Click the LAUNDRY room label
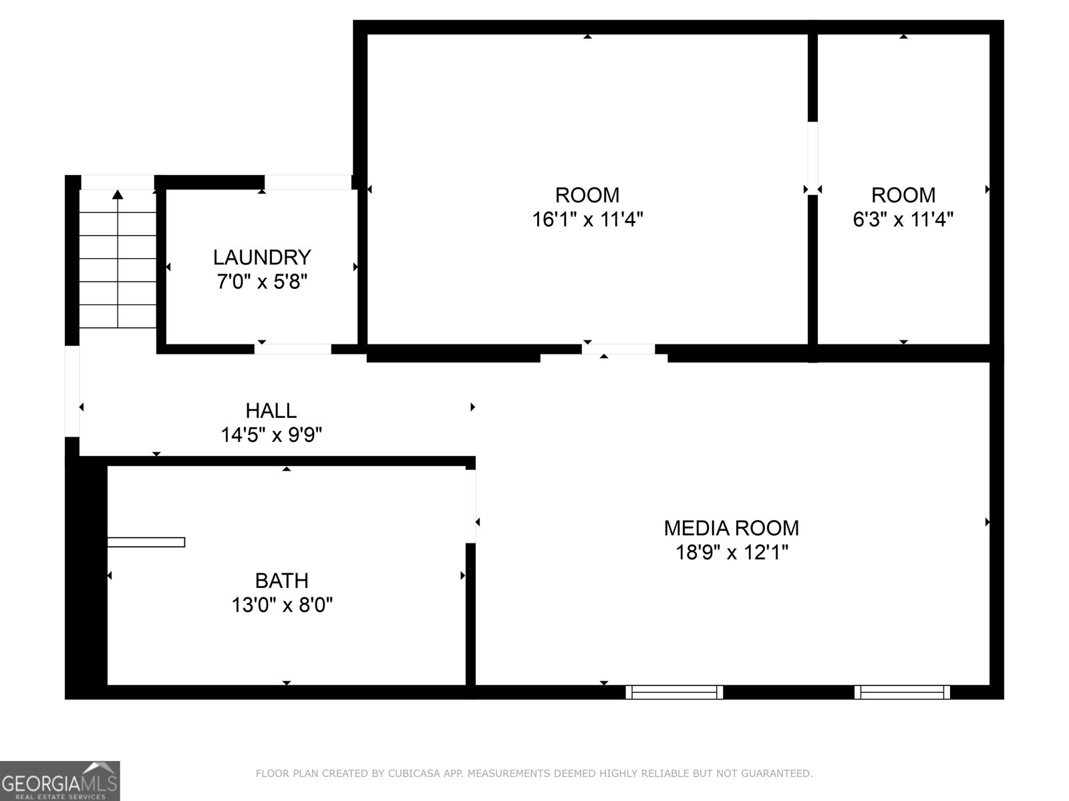pyautogui.click(x=262, y=257)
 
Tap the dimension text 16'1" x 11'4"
pyautogui.click(x=587, y=219)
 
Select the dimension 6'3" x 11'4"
pyautogui.click(x=903, y=219)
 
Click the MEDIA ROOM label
pyautogui.click(x=731, y=528)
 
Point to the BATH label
pyautogui.click(x=281, y=581)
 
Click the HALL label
pyautogui.click(x=271, y=411)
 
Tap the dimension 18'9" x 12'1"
pyautogui.click(x=732, y=553)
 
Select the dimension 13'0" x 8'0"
pyautogui.click(x=282, y=605)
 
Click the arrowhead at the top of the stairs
pyautogui.click(x=118, y=194)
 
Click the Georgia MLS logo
pyautogui.click(x=59, y=781)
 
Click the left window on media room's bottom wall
pyautogui.click(x=674, y=692)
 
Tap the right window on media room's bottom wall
pyautogui.click(x=902, y=692)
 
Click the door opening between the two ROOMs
pyautogui.click(x=812, y=158)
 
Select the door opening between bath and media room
pyautogui.click(x=470, y=506)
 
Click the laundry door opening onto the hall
pyautogui.click(x=293, y=348)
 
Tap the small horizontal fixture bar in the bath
pyautogui.click(x=146, y=542)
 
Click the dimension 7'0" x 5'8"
pyautogui.click(x=262, y=282)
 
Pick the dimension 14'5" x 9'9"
pyautogui.click(x=271, y=435)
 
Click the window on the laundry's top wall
pyautogui.click(x=307, y=182)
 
